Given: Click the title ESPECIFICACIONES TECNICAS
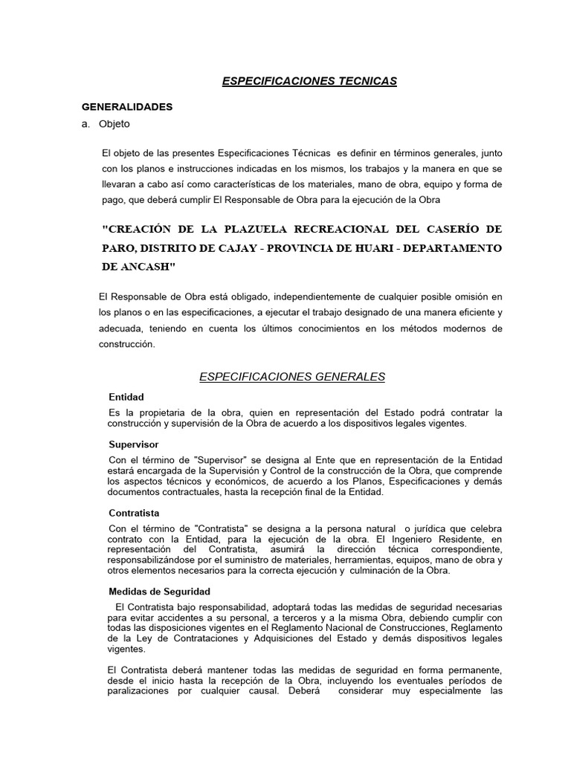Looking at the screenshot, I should click(x=309, y=81).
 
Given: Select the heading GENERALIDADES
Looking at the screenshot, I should click(x=127, y=107).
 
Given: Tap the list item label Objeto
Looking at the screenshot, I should click(x=114, y=124).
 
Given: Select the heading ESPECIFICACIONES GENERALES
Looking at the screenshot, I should click(x=292, y=377).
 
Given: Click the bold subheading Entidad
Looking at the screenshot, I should click(x=126, y=397).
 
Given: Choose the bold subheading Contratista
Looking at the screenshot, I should click(x=134, y=513).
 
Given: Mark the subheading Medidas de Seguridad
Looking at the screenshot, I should click(x=159, y=592).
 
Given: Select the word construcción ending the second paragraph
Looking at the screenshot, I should click(x=127, y=344).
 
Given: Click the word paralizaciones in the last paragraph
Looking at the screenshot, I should click(x=142, y=690).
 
